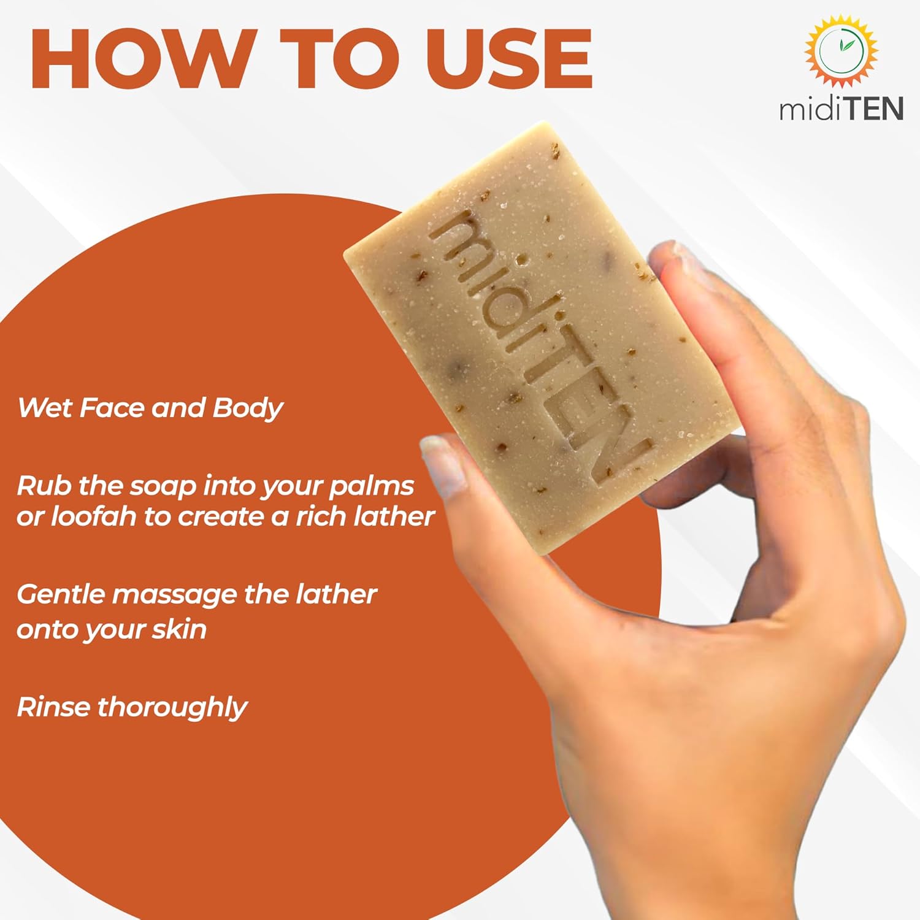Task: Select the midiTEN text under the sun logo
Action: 841,109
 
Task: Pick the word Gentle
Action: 61,594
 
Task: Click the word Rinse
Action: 53,707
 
